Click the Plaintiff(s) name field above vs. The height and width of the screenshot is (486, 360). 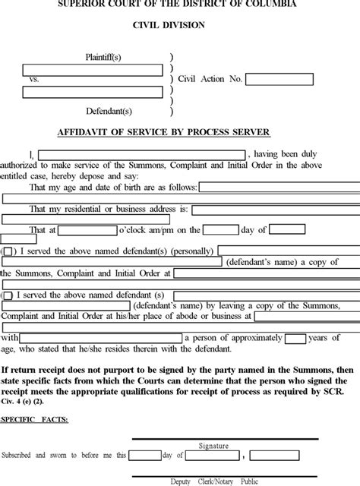point(93,70)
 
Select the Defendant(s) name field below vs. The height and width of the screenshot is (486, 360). point(93,92)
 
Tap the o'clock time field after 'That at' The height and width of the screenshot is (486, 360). point(86,230)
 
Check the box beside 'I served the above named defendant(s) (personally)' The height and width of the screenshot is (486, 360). point(8,251)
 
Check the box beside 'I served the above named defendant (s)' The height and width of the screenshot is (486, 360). point(8,295)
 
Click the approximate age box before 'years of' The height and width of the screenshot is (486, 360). point(295,338)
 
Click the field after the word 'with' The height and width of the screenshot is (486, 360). point(102,338)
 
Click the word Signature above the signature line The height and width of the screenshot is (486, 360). point(213,447)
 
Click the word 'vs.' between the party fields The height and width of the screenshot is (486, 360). point(34,79)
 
